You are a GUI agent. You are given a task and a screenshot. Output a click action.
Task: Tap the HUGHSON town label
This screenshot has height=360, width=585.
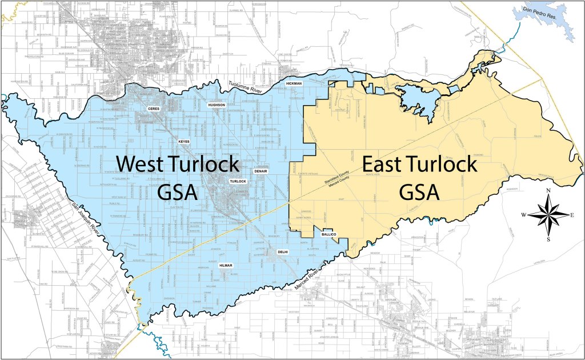click(217, 105)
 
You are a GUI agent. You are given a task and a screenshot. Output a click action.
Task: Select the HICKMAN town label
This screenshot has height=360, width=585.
click(294, 84)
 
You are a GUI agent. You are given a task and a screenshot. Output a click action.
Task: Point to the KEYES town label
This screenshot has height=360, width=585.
click(184, 141)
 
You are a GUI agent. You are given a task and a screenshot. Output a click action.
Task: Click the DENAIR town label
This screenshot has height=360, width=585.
click(261, 171)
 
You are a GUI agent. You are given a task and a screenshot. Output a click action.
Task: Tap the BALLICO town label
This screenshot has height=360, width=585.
click(328, 234)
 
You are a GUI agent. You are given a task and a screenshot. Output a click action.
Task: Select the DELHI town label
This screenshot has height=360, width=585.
click(282, 251)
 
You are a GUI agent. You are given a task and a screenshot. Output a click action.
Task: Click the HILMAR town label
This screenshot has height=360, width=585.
click(226, 265)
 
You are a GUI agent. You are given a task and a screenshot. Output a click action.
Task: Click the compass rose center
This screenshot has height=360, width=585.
click(548, 215)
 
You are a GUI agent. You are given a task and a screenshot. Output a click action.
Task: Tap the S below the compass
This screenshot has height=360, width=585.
click(548, 239)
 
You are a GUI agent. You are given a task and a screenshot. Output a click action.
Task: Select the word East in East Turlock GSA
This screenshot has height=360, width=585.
click(387, 165)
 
